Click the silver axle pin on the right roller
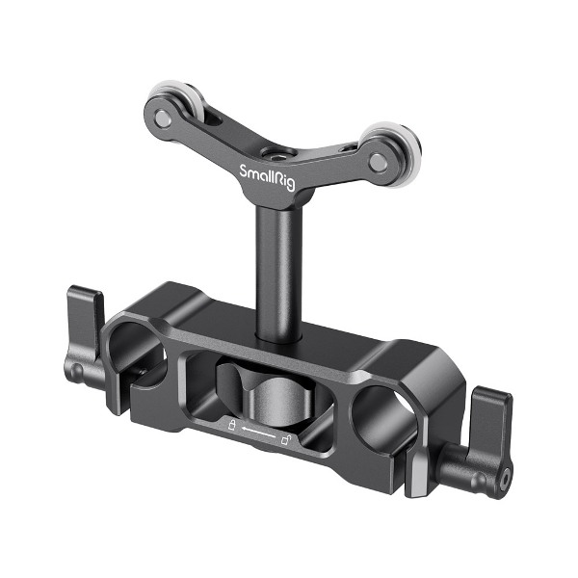point(379,149)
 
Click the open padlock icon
point(286,439)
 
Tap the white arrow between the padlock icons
point(257,431)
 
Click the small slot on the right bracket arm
point(344,149)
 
